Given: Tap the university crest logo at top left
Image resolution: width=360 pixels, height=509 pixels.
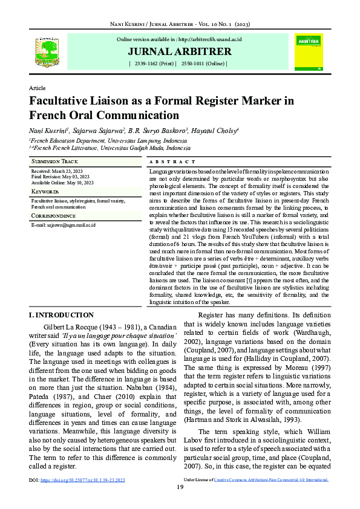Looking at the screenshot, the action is pos(47,51).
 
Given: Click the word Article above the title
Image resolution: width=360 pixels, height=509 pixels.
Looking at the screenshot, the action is pos(38,88).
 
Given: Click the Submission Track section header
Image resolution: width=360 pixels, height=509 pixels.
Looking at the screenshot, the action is pos(54,162).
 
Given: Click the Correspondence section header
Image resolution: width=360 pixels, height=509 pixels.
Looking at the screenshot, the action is pos(53,215).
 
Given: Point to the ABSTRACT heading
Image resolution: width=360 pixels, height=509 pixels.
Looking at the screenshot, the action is pos(172,162).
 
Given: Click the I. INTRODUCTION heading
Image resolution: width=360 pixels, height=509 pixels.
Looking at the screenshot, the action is pos(61,315).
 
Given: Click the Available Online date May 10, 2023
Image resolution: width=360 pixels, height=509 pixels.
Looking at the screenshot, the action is pos(79,183).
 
